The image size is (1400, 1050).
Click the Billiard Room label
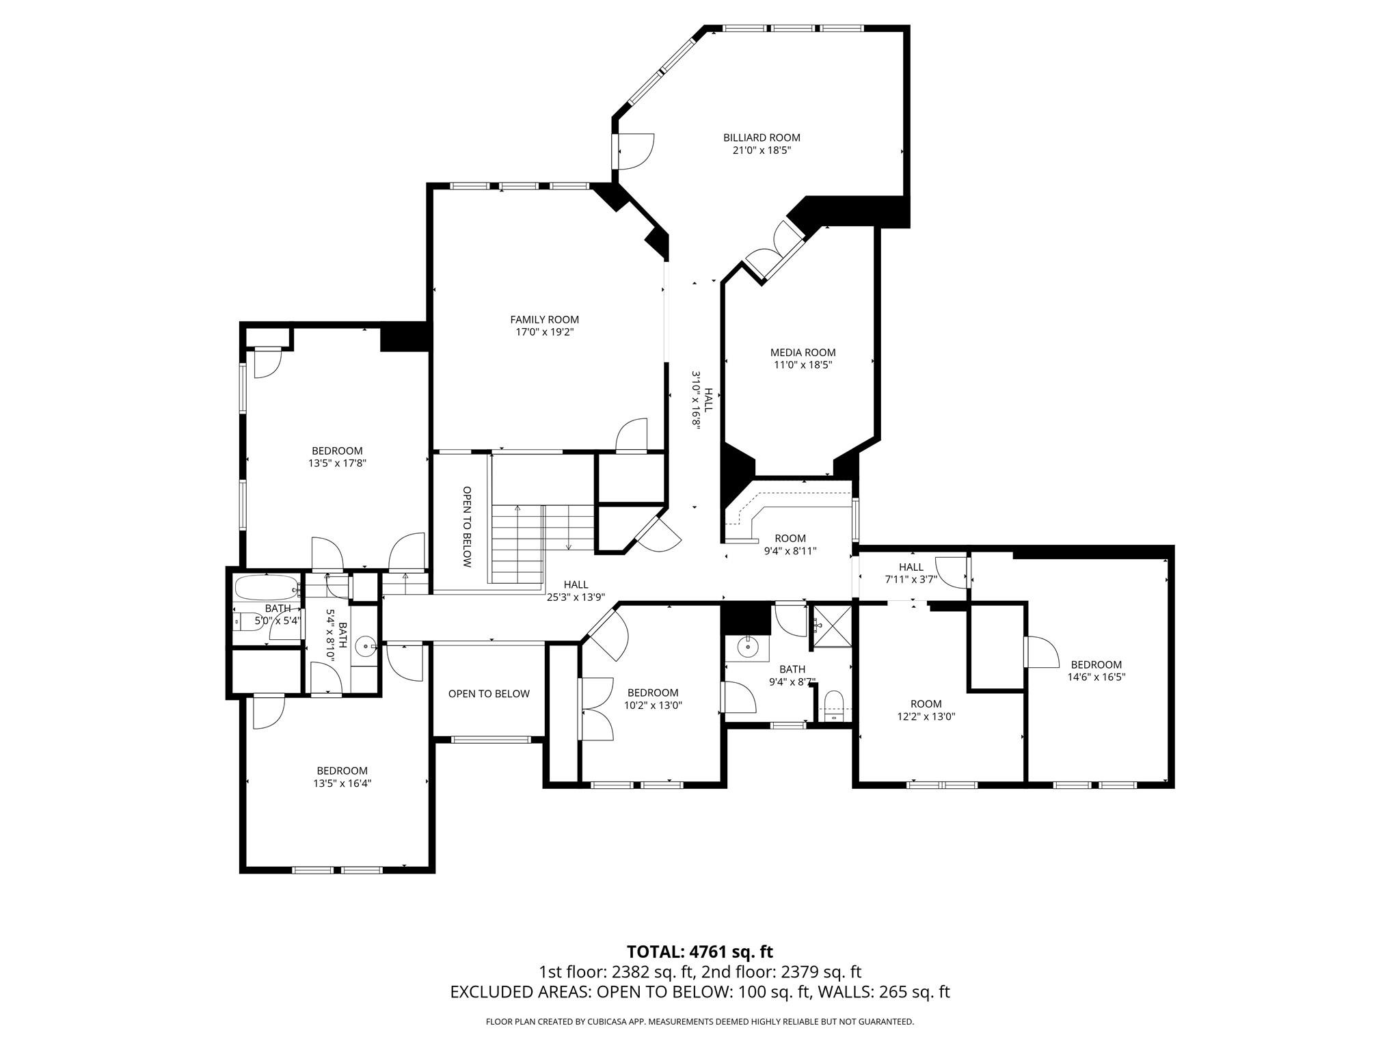tap(762, 137)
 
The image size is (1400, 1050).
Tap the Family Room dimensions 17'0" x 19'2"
tap(544, 332)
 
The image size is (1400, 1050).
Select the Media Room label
tap(803, 353)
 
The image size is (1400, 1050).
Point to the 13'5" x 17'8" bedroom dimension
tap(337, 463)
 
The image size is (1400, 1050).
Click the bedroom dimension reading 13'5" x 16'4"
tap(342, 783)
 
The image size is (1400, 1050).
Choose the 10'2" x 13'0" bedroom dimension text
tap(653, 705)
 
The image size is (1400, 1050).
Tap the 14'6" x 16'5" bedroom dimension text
tap(1096, 677)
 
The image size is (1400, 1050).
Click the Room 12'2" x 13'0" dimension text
tap(926, 716)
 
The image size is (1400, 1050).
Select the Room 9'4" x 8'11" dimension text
tap(790, 551)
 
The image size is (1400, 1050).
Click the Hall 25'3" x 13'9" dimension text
tap(576, 597)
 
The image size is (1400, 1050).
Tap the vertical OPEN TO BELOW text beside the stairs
tap(467, 527)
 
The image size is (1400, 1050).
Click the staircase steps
tap(542, 544)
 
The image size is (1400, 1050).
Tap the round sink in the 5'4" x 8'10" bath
tap(368, 645)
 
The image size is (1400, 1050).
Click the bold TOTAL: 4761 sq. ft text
tap(700, 952)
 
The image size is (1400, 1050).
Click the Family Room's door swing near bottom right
tap(631, 435)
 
